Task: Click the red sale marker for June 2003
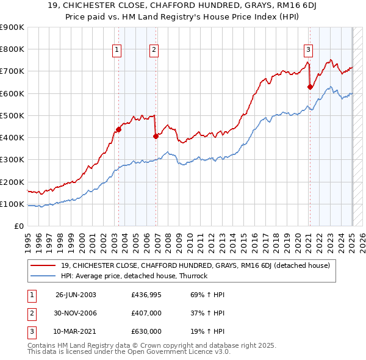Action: pyautogui.click(x=119, y=129)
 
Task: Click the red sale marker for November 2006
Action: pyautogui.click(x=156, y=136)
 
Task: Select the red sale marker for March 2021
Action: pyautogui.click(x=310, y=87)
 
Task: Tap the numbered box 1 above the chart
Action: pyautogui.click(x=116, y=50)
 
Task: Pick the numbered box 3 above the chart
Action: pyautogui.click(x=309, y=50)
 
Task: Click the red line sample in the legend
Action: pyautogui.click(x=43, y=265)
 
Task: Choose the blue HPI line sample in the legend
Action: pyautogui.click(x=43, y=276)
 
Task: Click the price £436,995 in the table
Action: pyautogui.click(x=146, y=294)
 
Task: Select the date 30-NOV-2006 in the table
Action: pyautogui.click(x=76, y=312)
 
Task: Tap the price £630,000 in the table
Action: pyautogui.click(x=146, y=331)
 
